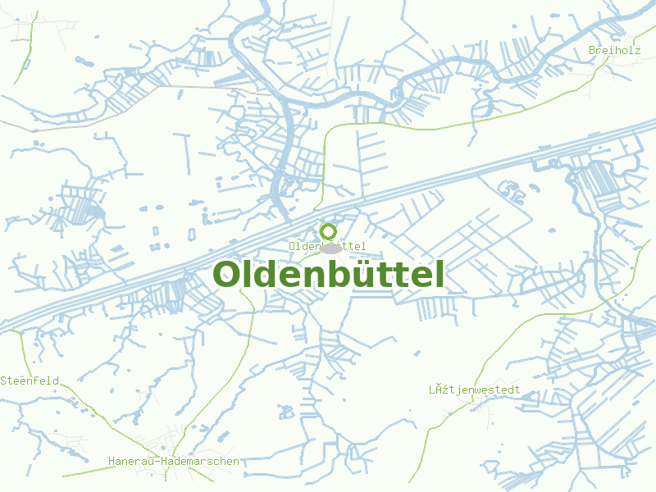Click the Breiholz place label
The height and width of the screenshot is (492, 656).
coord(614,51)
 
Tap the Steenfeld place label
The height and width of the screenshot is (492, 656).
coord(29,380)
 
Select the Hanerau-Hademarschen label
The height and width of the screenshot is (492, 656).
coord(174,462)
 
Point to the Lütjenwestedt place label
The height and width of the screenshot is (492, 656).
coord(474,389)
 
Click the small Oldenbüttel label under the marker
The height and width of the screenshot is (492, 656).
coord(326,246)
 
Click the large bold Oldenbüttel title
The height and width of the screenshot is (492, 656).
coord(329,274)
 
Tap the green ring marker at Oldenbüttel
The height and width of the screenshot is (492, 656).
coord(328,230)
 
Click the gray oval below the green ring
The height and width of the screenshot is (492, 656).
coord(331,248)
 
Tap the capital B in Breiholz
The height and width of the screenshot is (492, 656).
coord(592,51)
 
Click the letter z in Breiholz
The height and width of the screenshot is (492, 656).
coord(637,51)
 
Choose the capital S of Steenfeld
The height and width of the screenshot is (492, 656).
coord(4,380)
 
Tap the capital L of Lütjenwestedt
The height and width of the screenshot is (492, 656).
coord(432,389)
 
